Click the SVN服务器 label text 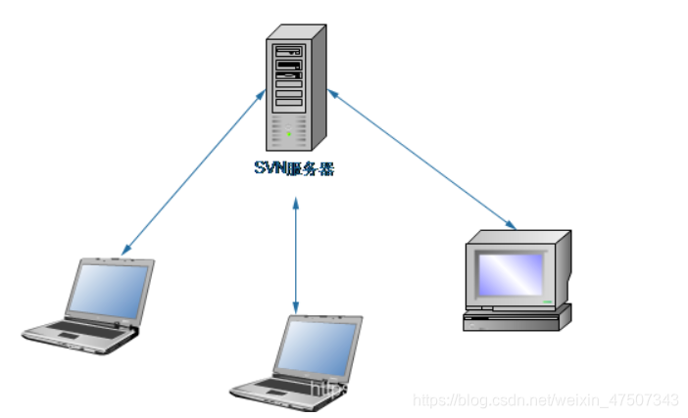292,167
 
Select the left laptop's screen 110,292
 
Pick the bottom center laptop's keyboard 284,388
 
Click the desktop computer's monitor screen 510,270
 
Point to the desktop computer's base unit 517,317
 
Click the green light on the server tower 289,135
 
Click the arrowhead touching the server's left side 262,93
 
